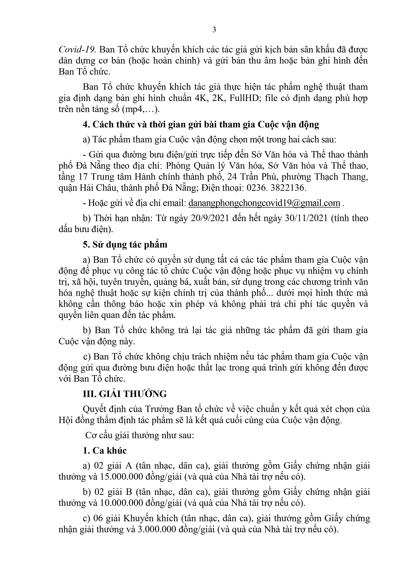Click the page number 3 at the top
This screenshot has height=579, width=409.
(214, 30)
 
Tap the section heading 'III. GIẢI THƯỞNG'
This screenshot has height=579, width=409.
(125, 394)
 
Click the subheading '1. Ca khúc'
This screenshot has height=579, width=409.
(105, 450)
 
